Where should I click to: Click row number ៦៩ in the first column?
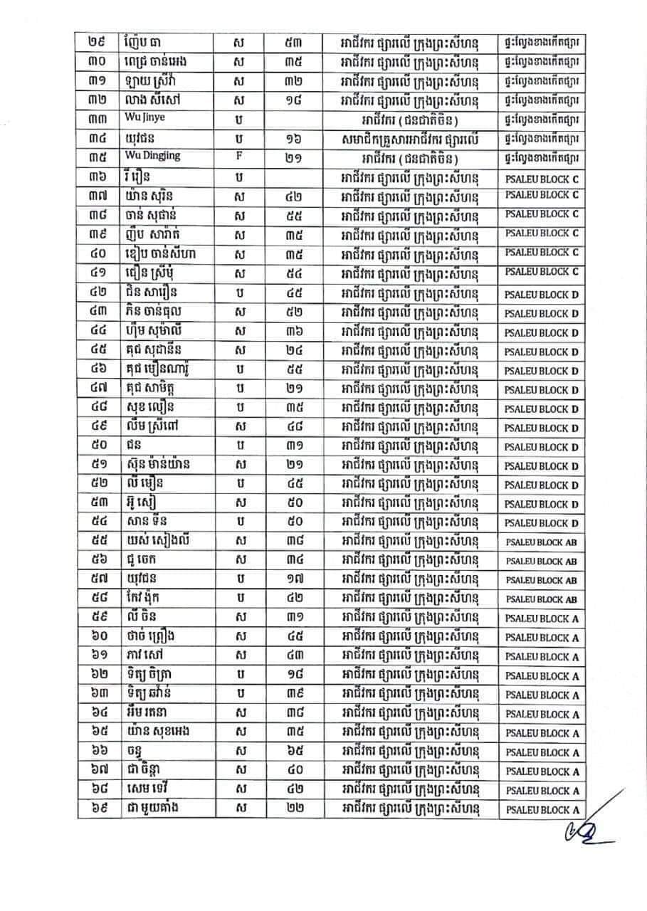(x=98, y=809)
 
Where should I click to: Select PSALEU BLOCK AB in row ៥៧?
(x=541, y=580)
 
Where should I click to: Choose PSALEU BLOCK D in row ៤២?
(x=542, y=294)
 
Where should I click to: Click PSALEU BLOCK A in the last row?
(x=542, y=809)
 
